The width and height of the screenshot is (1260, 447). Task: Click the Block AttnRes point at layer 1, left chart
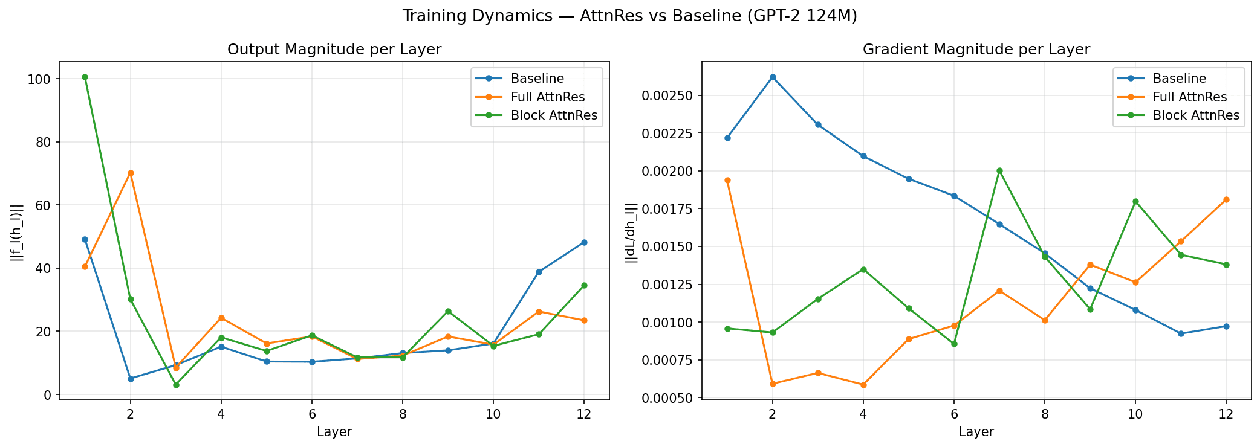coord(85,77)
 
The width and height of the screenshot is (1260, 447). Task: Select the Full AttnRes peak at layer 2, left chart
coord(131,173)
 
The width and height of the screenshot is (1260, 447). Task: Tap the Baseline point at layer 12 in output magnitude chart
coord(584,242)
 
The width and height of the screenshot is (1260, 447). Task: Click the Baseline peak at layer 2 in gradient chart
coord(773,77)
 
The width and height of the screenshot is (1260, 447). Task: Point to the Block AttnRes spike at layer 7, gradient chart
coord(999,170)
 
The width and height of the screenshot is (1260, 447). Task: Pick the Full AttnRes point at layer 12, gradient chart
coord(1226,199)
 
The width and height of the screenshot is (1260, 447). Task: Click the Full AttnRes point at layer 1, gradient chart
coord(727,180)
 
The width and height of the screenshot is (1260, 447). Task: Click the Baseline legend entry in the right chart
coord(1179,79)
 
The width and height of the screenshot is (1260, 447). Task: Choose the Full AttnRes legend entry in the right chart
coord(1190,97)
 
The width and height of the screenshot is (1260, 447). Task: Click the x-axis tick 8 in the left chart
coord(403,413)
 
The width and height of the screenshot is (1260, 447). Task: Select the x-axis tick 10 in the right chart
coord(1135,413)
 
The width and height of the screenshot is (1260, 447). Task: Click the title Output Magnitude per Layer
coord(334,50)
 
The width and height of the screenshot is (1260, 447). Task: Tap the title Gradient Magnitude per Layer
coord(976,50)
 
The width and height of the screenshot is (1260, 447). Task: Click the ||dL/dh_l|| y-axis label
coord(631,233)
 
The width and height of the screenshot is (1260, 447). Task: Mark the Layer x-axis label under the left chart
coord(334,432)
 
